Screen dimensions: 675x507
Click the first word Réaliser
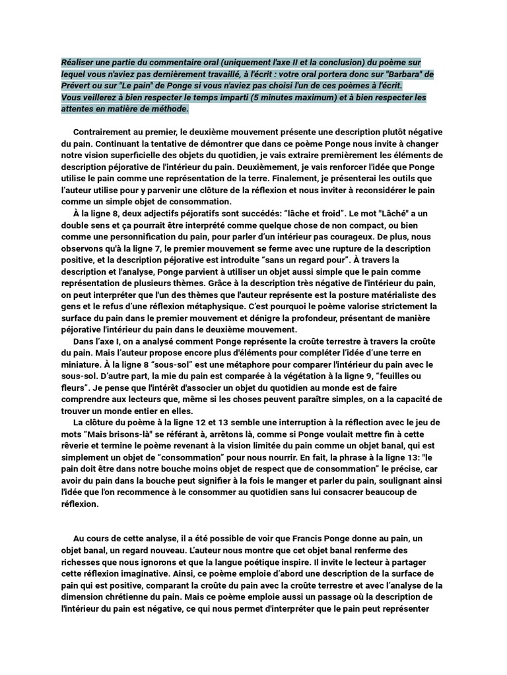(x=78, y=61)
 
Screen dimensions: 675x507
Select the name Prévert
(x=77, y=86)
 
